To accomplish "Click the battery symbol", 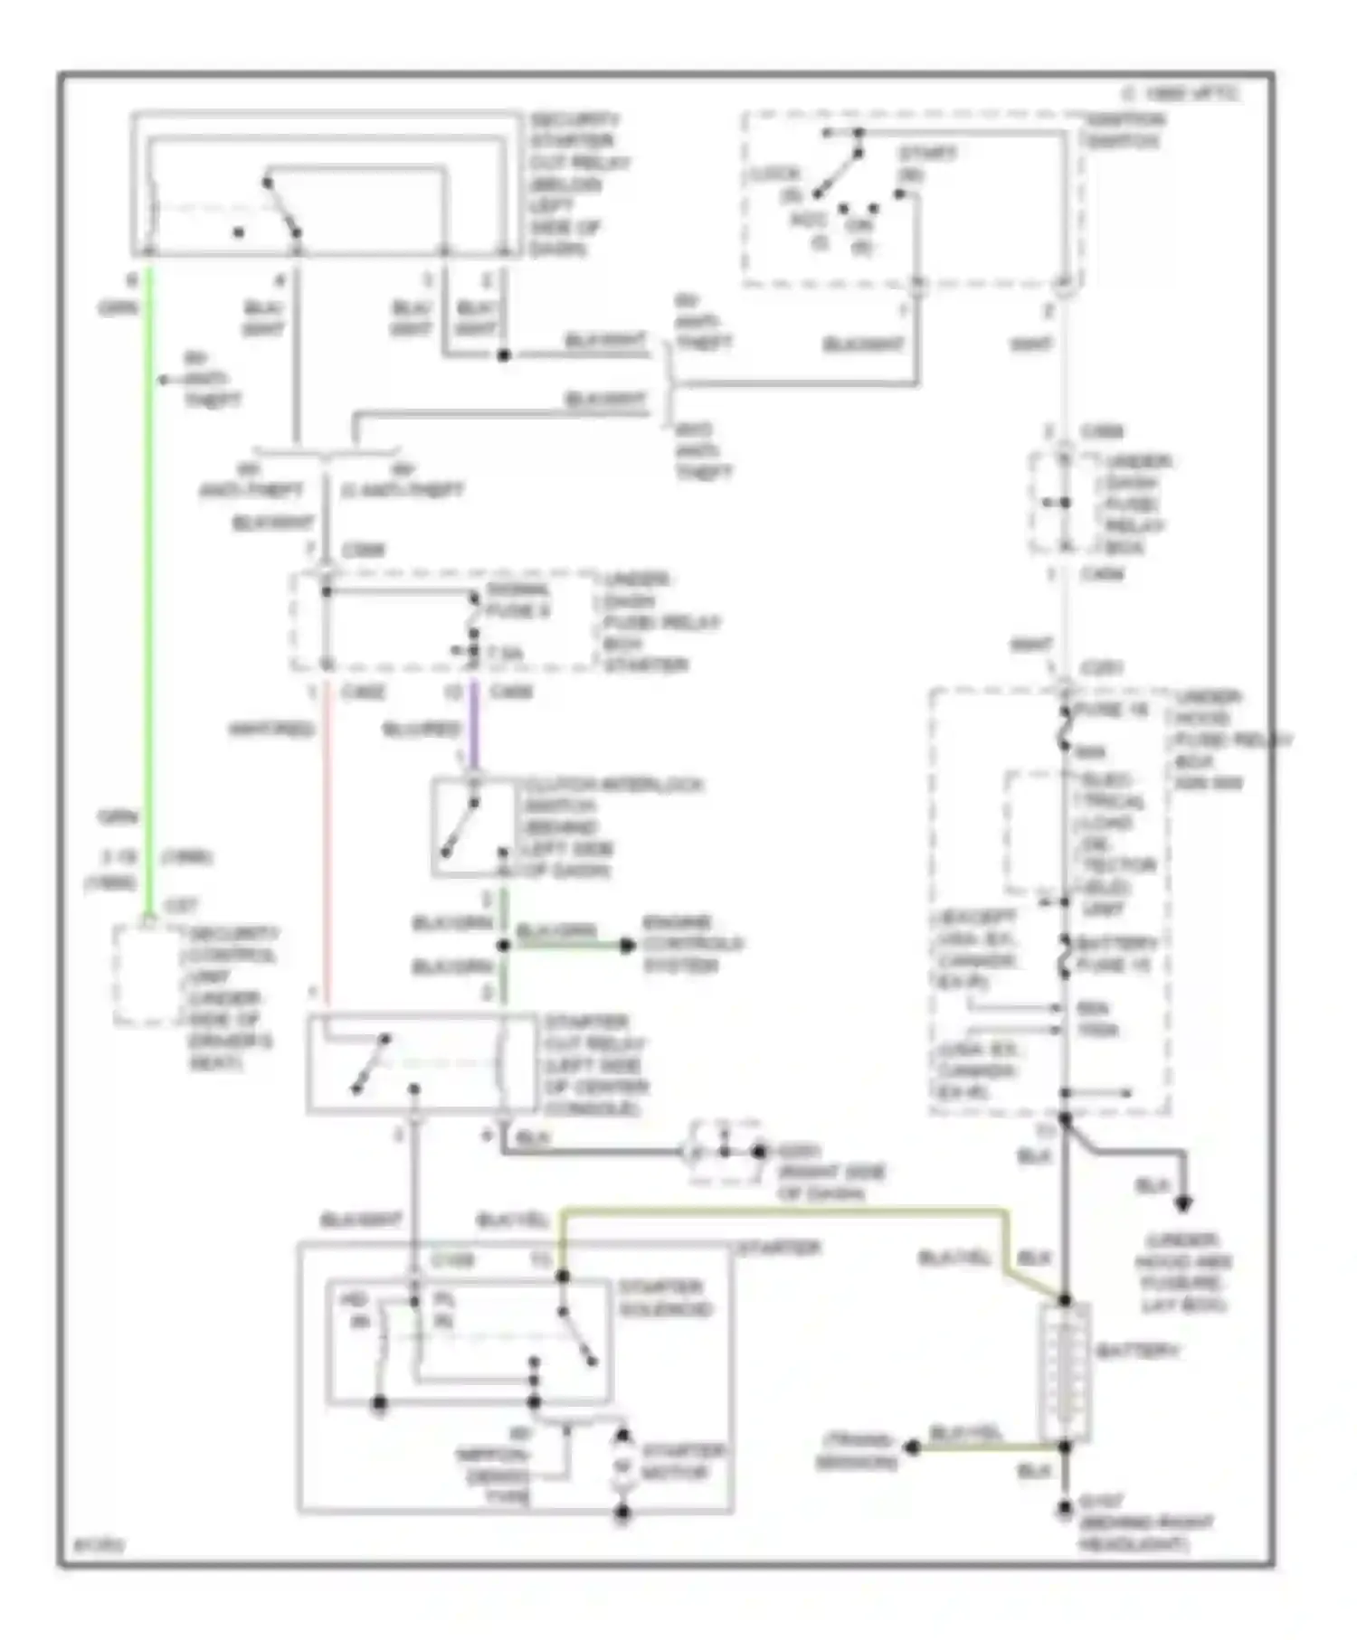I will pyautogui.click(x=1065, y=1372).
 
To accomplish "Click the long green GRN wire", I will pyautogui.click(x=149, y=588).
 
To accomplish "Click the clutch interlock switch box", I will pyautogui.click(x=475, y=826).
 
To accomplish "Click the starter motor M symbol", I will pyautogui.click(x=622, y=1466).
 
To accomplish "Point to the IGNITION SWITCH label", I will pyautogui.click(x=1125, y=130).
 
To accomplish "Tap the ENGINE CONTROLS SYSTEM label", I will pyautogui.click(x=692, y=944).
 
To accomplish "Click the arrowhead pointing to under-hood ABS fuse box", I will pyautogui.click(x=1182, y=1204).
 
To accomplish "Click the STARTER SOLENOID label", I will pyautogui.click(x=665, y=1298).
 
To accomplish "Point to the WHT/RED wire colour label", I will pyautogui.click(x=271, y=729).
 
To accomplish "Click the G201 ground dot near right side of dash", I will pyautogui.click(x=758, y=1152).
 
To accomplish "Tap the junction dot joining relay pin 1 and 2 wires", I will pyautogui.click(x=504, y=355).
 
